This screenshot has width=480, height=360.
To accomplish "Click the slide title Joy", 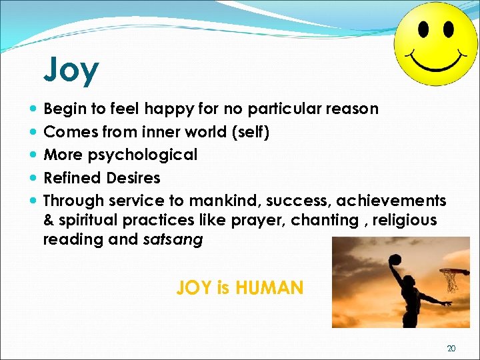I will tap(71, 70).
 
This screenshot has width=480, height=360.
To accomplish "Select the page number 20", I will tap(451, 348).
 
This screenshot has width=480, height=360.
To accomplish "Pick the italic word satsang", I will tap(173, 240).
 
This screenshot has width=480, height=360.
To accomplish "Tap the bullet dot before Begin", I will tap(33, 108).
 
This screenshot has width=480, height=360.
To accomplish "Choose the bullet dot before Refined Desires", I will tap(33, 178).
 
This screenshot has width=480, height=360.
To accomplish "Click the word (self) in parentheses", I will tap(249, 131).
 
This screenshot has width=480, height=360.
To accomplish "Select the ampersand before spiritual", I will tap(48, 220).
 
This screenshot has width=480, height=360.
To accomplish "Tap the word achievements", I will tap(391, 201).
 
